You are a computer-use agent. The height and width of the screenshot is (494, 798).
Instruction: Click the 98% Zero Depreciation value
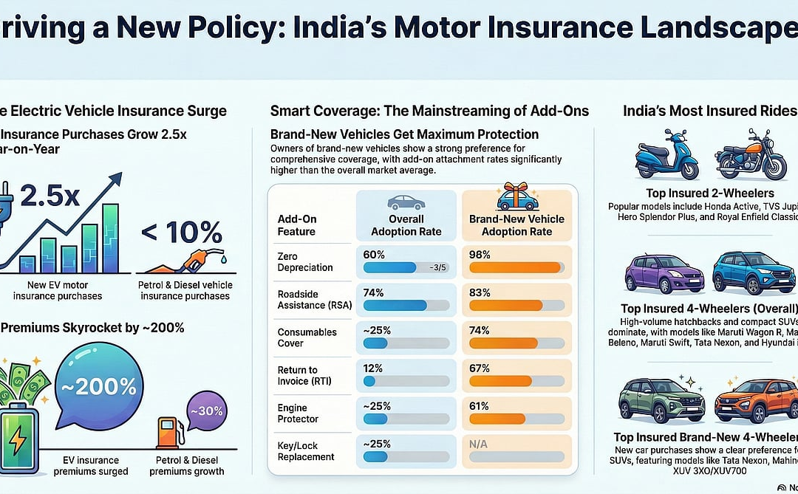tap(480, 253)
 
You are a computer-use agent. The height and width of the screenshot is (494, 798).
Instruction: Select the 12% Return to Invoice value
tap(373, 368)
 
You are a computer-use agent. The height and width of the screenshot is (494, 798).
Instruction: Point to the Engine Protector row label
tap(299, 414)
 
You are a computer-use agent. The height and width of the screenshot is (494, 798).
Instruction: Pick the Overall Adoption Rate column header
tap(406, 225)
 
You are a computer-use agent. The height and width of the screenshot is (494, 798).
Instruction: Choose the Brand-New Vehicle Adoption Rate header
tap(516, 225)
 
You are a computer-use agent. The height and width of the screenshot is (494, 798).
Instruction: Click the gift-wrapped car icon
tap(516, 196)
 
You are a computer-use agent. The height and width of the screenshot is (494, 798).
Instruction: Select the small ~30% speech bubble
tap(205, 411)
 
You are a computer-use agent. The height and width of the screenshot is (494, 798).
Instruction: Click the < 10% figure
tap(180, 233)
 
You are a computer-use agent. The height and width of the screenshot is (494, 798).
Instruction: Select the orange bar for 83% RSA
tap(506, 306)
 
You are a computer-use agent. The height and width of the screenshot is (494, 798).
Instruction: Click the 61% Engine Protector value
tap(480, 406)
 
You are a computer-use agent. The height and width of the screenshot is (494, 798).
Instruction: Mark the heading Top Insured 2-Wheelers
tap(700, 193)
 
